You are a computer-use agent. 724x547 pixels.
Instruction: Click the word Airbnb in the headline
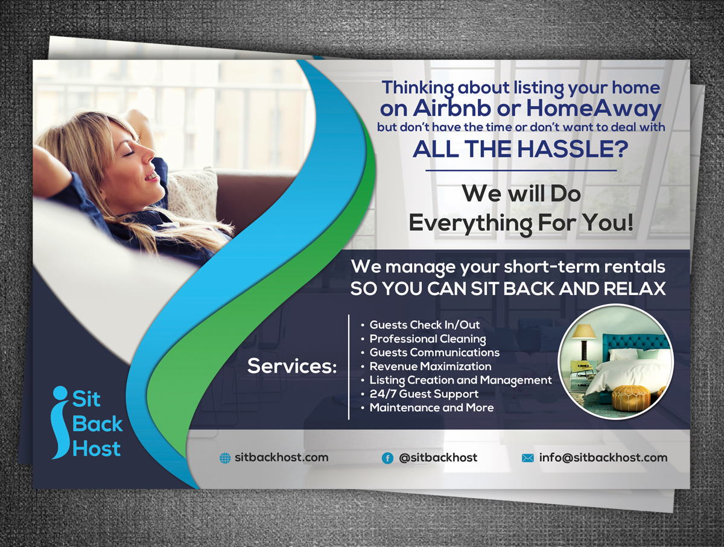452,108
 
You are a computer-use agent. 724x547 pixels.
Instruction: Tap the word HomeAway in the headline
594,109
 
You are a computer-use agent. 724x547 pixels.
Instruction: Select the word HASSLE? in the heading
573,149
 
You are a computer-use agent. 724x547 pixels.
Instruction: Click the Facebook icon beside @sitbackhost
387,458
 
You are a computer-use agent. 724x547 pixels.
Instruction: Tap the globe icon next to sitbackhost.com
225,458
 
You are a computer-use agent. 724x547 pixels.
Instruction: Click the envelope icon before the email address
528,458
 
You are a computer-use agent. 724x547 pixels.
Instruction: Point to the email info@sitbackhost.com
603,458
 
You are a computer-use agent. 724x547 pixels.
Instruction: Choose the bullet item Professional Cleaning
428,339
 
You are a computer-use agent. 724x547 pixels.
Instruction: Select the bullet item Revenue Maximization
430,366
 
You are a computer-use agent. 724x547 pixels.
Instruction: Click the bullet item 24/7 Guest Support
424,394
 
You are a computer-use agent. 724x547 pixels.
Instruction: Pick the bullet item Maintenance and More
432,408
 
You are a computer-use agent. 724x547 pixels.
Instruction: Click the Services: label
292,366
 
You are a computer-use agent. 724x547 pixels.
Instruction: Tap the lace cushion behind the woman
193,191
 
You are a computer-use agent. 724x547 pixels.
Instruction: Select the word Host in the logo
97,449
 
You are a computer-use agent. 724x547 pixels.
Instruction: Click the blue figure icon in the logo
60,422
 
